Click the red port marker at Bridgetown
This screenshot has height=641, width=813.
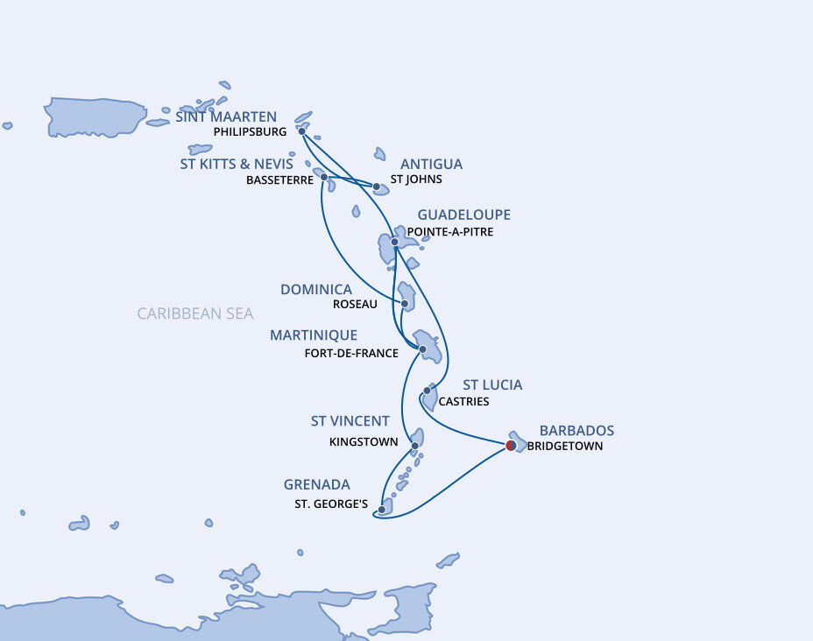[511, 446]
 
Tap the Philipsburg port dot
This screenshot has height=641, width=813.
[302, 131]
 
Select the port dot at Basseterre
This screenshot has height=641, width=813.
[324, 177]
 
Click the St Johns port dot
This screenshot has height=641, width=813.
[377, 187]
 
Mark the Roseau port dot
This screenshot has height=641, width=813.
[405, 305]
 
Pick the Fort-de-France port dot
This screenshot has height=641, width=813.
[423, 349]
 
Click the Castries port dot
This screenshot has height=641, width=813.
[427, 390]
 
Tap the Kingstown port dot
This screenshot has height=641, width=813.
[414, 446]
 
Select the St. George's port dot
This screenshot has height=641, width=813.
[382, 509]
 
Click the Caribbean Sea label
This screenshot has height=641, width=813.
[194, 313]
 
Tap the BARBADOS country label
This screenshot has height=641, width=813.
[576, 431]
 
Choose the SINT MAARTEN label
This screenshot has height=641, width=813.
[226, 116]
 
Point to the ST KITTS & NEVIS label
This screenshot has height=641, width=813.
[237, 163]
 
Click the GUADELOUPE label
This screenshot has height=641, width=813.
[463, 215]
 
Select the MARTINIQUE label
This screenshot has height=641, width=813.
[314, 335]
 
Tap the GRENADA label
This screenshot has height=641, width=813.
[316, 484]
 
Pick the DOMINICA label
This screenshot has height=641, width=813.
[316, 289]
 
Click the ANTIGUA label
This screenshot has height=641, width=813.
[431, 164]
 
